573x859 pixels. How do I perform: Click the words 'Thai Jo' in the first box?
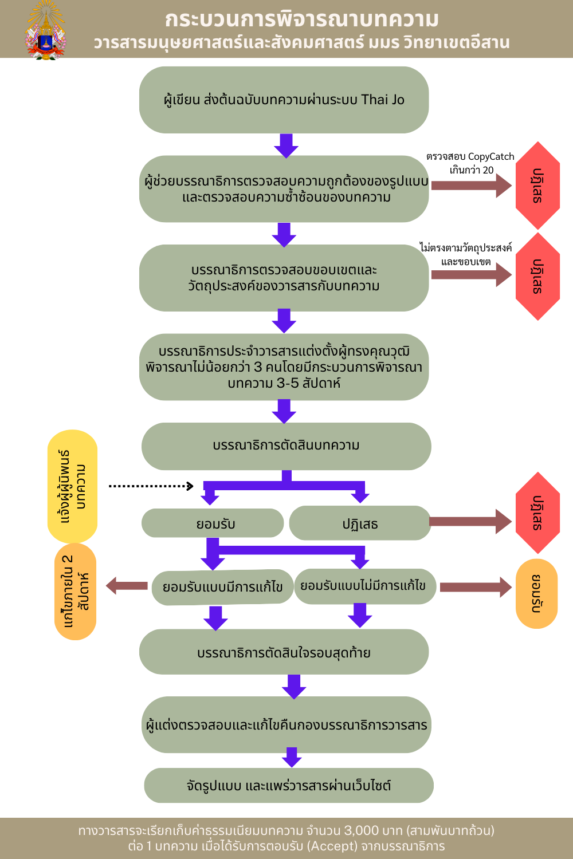click(383, 100)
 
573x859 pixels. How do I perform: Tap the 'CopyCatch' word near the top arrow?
click(491, 156)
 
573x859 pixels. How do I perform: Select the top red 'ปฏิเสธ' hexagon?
click(537, 186)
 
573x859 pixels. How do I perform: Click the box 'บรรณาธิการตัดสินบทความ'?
click(286, 446)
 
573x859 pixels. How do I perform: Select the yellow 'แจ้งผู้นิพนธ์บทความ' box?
click(72, 486)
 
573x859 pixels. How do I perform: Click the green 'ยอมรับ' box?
click(213, 523)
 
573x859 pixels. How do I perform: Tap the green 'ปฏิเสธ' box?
click(360, 523)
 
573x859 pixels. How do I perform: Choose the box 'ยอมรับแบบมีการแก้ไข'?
click(222, 587)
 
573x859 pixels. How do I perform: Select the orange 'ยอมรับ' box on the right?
click(536, 594)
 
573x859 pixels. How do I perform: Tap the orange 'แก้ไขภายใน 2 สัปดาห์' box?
click(75, 592)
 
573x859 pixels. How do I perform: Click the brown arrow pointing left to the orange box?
click(127, 586)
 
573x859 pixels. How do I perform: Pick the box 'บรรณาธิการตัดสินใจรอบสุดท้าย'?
click(284, 652)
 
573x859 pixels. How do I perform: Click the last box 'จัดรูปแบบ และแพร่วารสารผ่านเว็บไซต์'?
click(288, 786)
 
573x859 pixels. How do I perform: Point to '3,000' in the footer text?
click(362, 830)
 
